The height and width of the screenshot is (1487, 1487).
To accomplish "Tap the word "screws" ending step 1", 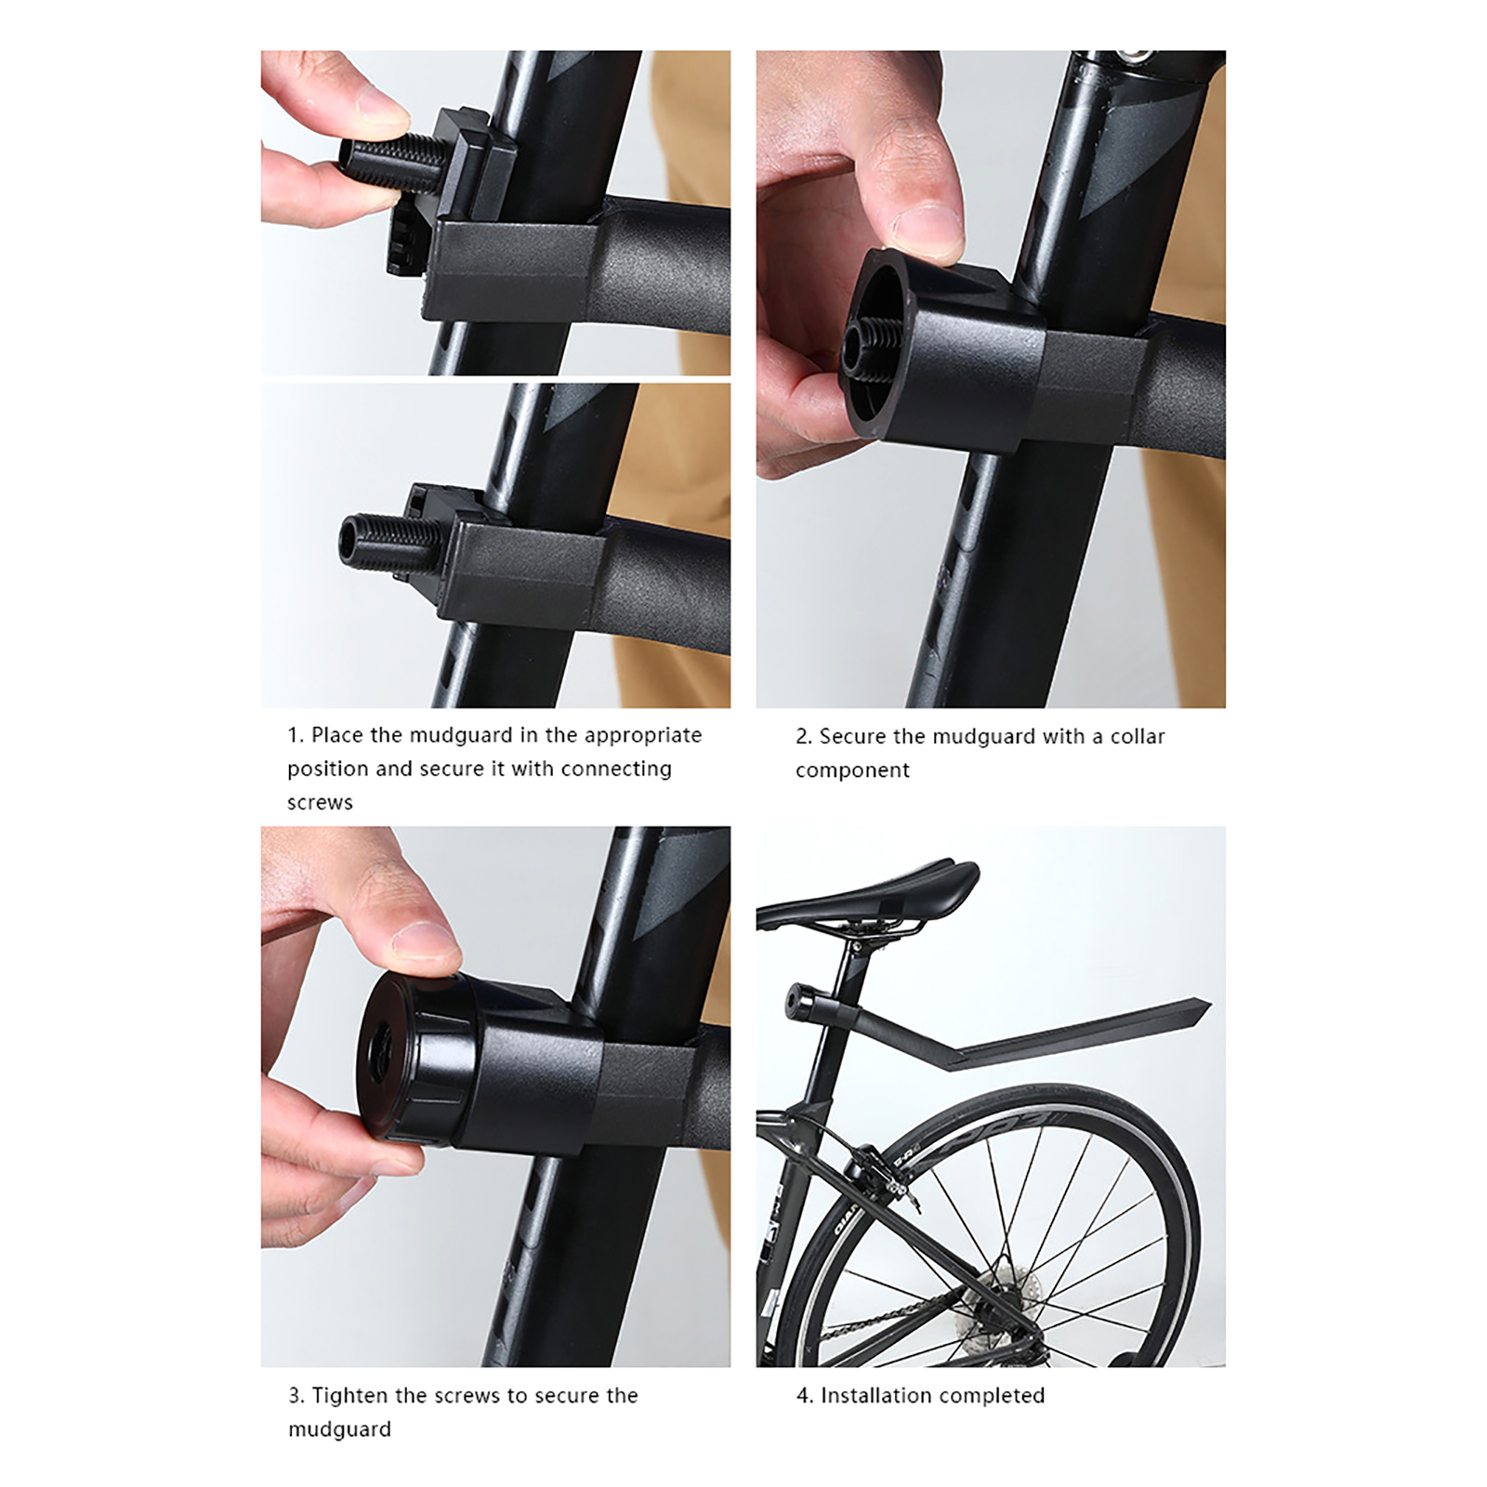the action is coord(320,802).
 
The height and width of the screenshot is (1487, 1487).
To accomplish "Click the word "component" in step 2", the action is coord(852,770).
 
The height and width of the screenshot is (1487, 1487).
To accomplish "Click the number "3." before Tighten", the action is coord(296,1396).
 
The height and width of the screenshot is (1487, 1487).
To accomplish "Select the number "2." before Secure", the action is coord(804,736).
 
